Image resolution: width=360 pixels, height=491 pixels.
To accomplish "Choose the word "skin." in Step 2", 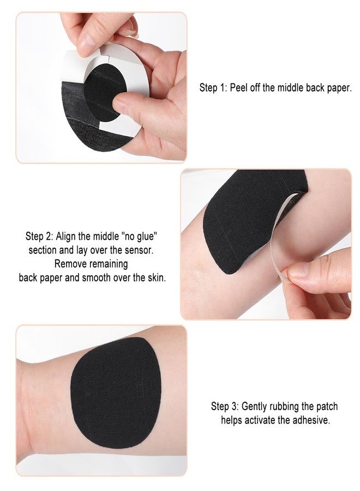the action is coord(157,278).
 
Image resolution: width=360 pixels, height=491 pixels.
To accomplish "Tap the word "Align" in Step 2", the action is coord(66,237).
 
